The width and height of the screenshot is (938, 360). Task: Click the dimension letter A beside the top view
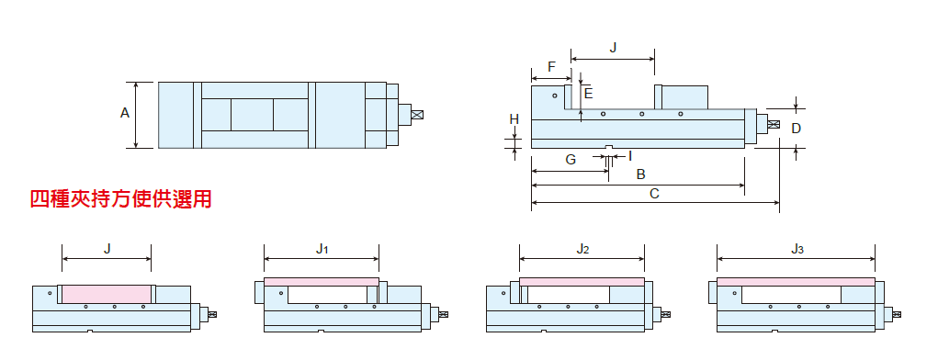point(124,112)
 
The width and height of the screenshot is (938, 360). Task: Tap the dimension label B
point(640,174)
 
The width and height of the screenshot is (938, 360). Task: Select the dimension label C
point(654,194)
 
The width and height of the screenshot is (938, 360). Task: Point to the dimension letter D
point(796,128)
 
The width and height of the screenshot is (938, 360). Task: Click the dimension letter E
point(589,94)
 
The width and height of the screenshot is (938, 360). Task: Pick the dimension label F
point(551,66)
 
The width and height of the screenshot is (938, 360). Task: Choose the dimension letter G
point(571,160)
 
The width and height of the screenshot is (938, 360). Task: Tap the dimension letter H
point(514,119)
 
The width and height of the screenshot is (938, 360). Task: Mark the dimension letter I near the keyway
point(630,156)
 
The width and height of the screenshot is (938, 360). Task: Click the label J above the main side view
point(613,48)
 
